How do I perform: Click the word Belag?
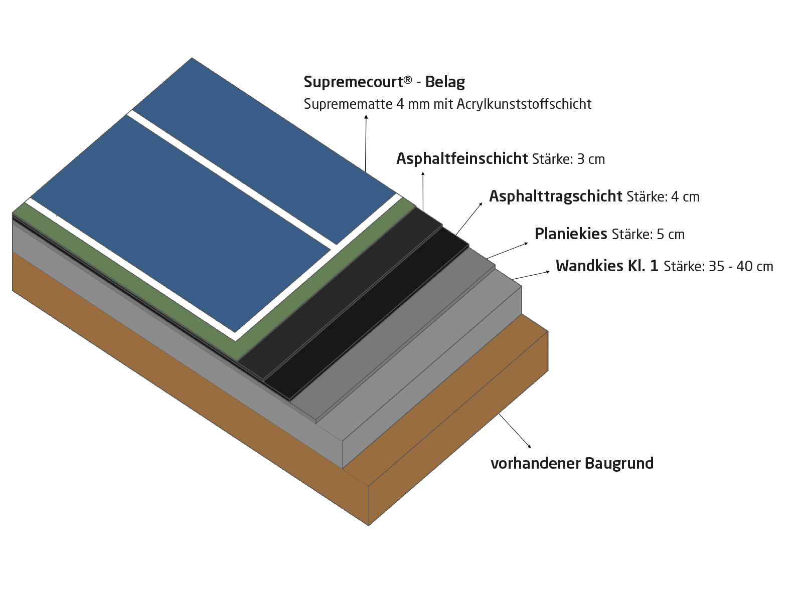(x=445, y=82)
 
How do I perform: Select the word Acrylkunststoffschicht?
(x=524, y=104)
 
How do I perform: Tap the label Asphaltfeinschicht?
(x=462, y=158)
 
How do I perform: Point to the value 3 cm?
(x=591, y=159)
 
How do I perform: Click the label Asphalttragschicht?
(x=556, y=196)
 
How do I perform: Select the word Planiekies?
(x=571, y=234)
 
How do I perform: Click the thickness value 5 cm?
(x=671, y=235)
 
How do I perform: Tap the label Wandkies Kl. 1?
(x=607, y=266)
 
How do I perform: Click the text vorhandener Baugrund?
(x=572, y=463)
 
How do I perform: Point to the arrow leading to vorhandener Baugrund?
(x=515, y=431)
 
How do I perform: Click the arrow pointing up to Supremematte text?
(x=366, y=143)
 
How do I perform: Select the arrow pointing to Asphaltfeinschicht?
(x=423, y=191)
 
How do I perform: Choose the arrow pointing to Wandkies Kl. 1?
(x=531, y=276)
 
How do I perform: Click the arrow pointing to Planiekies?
(x=507, y=251)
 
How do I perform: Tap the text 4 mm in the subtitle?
(x=413, y=104)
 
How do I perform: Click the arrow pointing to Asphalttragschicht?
(x=469, y=219)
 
